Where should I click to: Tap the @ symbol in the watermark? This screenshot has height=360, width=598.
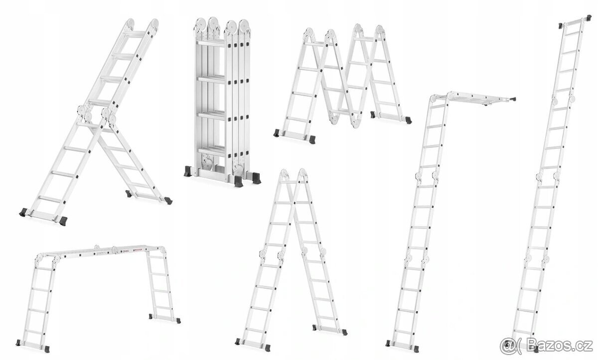coord(508,347)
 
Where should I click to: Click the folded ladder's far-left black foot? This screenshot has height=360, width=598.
coord(188,171)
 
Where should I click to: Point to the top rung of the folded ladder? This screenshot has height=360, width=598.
coord(211,43)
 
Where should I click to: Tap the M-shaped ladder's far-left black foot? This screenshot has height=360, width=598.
coord(277,133)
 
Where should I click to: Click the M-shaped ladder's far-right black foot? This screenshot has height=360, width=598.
coord(408,120)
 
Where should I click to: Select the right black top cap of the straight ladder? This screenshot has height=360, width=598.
coord(589,17)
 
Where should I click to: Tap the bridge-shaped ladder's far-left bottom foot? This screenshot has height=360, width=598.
coord(18,343)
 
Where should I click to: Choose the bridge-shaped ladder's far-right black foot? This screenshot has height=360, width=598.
coord(178,321)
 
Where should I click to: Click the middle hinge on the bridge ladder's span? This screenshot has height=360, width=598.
coord(115,249)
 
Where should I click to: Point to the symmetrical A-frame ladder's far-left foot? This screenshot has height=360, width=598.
coord(238,342)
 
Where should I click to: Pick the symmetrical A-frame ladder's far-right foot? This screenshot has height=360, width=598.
coord(345,332)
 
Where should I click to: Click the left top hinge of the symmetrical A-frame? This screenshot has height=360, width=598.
coord(284,174)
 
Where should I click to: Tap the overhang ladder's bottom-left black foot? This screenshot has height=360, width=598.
coord(388,343)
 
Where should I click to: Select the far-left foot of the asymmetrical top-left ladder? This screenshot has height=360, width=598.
coord(23,213)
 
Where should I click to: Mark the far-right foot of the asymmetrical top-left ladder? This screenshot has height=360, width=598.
coord(168,201)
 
